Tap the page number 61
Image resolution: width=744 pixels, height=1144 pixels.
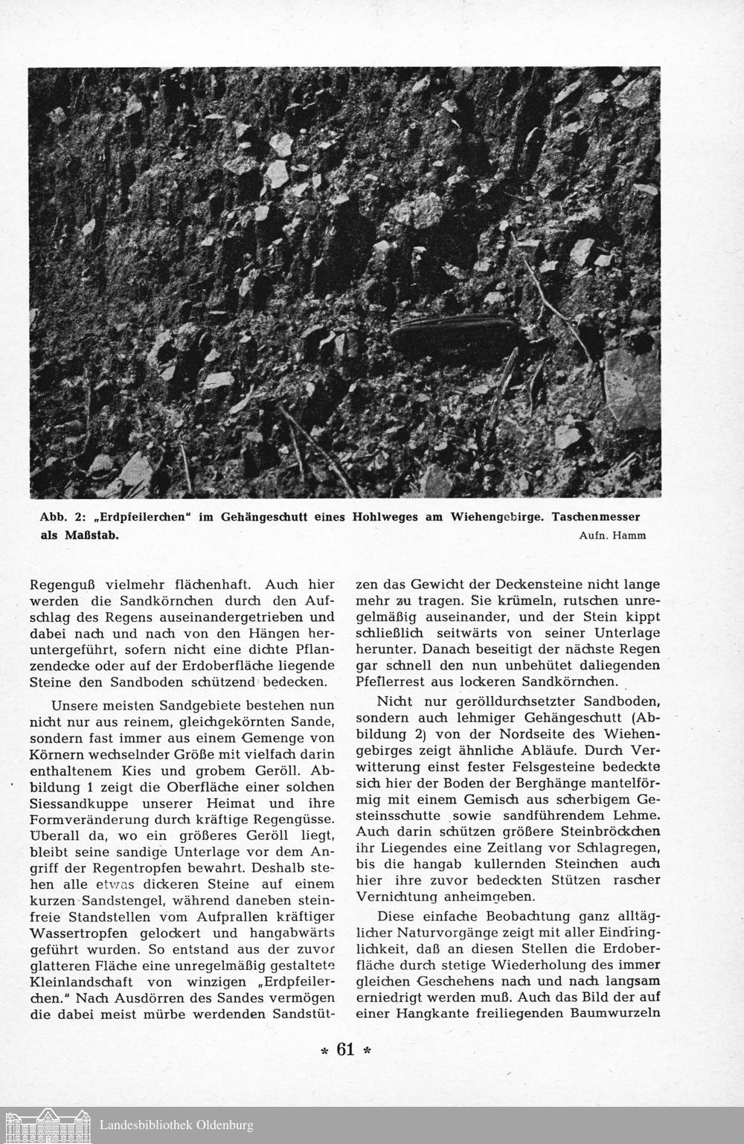[345, 1050]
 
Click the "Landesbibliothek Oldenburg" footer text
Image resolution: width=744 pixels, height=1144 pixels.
[176, 1125]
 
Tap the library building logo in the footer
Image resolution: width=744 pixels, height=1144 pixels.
[48, 1125]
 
